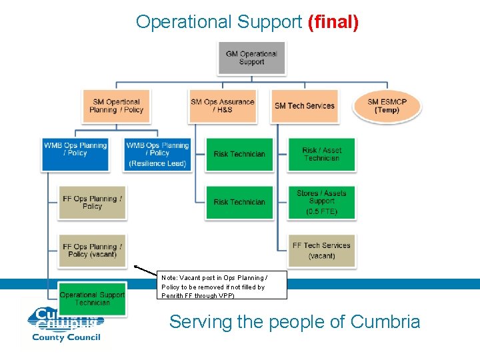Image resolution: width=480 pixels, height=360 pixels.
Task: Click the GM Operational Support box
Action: tap(251, 58)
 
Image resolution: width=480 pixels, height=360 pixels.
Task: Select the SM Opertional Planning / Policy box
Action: tap(116, 106)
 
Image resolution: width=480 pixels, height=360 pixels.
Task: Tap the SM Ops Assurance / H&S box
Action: tap(223, 106)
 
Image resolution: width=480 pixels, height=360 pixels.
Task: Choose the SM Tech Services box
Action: tap(305, 106)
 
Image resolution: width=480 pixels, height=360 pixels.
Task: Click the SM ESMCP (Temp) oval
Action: tap(387, 106)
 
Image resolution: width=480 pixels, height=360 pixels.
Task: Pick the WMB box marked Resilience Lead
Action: tap(157, 154)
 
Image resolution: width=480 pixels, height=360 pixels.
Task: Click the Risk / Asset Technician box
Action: tap(321, 154)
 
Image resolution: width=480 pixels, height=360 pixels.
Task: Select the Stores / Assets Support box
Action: tap(321, 202)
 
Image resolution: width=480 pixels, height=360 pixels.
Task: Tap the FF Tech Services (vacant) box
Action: tap(321, 250)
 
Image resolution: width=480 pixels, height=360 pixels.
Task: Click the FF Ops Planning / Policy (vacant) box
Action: tap(92, 250)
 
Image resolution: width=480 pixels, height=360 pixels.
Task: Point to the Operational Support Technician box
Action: tap(92, 298)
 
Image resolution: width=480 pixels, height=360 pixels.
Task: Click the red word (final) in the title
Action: tap(333, 22)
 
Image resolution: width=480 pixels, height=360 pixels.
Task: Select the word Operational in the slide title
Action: tap(184, 22)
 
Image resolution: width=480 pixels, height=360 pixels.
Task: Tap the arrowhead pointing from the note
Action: tap(136, 267)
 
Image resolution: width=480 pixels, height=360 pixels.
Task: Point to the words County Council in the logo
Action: tap(67, 337)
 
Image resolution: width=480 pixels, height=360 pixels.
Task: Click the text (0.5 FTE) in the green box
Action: tap(321, 211)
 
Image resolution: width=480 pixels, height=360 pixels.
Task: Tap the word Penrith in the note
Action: tap(174, 295)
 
